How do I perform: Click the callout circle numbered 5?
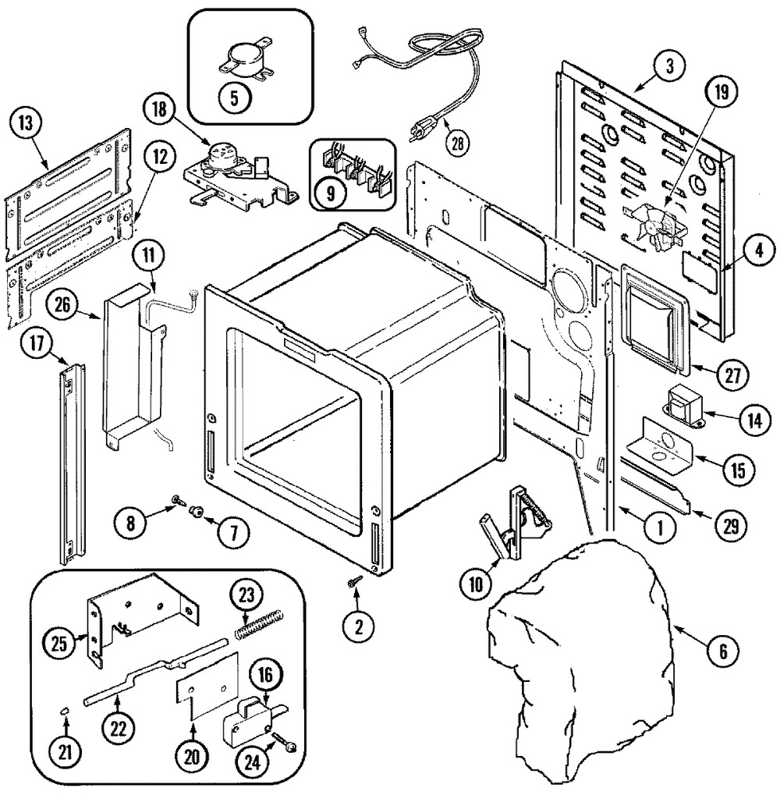click(x=234, y=98)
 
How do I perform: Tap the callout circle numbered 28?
click(x=457, y=144)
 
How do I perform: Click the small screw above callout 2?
click(x=355, y=581)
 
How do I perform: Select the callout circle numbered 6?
click(x=723, y=650)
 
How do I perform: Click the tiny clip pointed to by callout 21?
click(x=65, y=711)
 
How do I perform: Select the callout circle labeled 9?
click(x=331, y=193)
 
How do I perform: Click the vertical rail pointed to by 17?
click(x=72, y=463)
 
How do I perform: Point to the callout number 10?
click(x=476, y=584)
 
